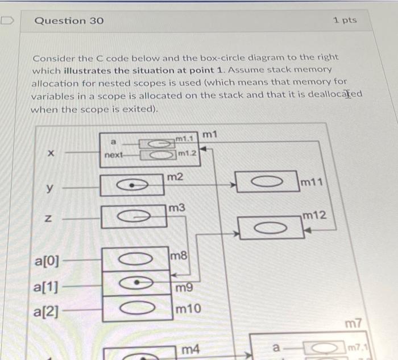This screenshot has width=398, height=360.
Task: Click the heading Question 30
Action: tap(69, 20)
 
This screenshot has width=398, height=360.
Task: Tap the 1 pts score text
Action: tap(345, 20)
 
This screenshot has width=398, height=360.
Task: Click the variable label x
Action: tap(51, 153)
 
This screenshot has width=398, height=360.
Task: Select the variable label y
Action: tap(49, 188)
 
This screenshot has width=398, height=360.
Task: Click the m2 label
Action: tap(176, 177)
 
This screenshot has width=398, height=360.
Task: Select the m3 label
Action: tap(177, 209)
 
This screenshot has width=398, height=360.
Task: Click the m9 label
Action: tap(184, 288)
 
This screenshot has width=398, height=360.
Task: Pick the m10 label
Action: tap(188, 309)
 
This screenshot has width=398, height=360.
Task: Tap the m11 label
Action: tap(312, 183)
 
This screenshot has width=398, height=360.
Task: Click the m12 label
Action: tap(314, 215)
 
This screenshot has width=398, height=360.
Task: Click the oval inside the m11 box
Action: tap(266, 181)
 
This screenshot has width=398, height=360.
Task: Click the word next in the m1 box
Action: tap(114, 155)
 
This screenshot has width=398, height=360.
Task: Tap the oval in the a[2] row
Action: tap(136, 309)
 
